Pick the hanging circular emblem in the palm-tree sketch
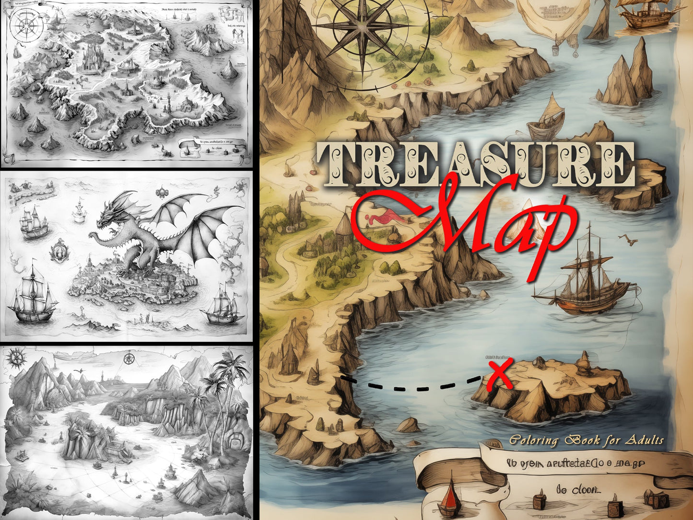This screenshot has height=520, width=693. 128,358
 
